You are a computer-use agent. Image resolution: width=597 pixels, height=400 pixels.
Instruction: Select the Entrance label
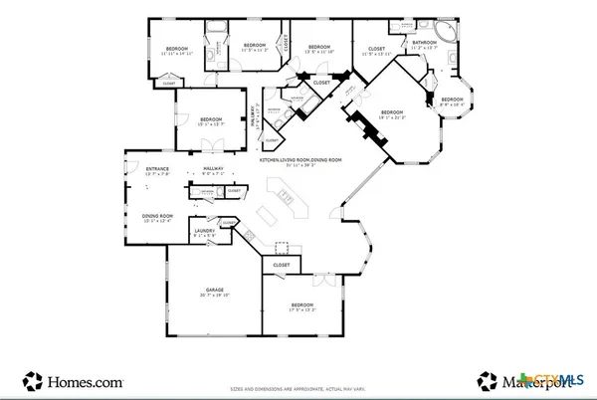[x=157, y=170]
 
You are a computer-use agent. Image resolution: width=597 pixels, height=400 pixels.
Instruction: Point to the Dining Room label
[x=158, y=217]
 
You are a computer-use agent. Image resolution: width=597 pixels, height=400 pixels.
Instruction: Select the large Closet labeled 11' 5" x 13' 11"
[x=376, y=49]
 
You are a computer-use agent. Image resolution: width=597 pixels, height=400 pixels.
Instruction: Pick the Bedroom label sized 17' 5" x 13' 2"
[x=302, y=305]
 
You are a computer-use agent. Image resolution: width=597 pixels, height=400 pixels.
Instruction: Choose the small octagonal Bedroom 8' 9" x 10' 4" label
[x=453, y=100]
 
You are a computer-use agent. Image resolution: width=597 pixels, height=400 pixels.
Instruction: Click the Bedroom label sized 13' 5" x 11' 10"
[x=318, y=48]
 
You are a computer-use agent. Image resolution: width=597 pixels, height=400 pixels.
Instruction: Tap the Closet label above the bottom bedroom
[x=282, y=266]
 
